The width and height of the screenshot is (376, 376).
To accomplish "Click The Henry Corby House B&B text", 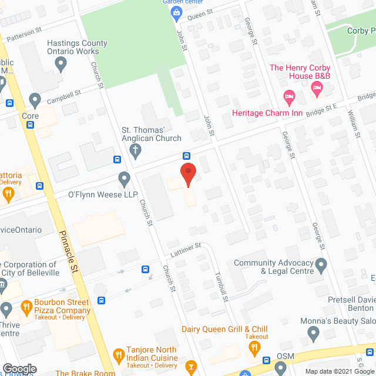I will tap(300, 72).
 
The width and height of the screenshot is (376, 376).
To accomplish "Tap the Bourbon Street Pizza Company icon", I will tap(26, 306).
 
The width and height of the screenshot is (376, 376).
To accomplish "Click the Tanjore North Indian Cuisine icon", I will tap(118, 354).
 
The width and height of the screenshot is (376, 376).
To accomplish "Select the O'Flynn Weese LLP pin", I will tap(124, 177).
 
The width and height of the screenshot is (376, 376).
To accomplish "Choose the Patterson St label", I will tap(24, 36).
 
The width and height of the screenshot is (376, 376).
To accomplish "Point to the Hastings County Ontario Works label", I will tap(77, 47).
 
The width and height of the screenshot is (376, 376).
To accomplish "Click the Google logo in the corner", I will tap(19, 368).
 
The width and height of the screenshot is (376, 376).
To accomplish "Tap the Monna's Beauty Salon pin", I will tap(313, 334).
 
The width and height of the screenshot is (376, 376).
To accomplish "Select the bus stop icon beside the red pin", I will tap(186, 156).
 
